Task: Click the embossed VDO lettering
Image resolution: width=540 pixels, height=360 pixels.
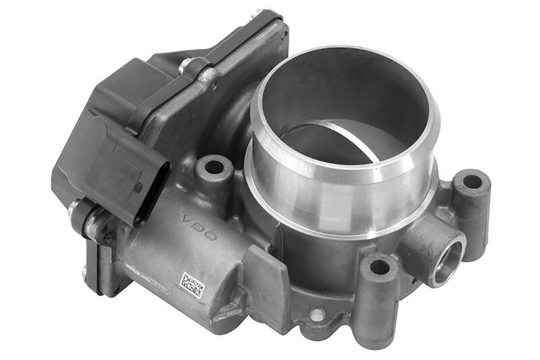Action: pyautogui.click(x=199, y=228)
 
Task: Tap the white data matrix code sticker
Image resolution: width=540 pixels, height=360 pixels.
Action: pyautogui.click(x=192, y=285)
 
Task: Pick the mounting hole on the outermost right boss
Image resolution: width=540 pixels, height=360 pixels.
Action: pyautogui.click(x=472, y=182)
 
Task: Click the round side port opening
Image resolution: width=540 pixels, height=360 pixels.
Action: pyautogui.click(x=447, y=259)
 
